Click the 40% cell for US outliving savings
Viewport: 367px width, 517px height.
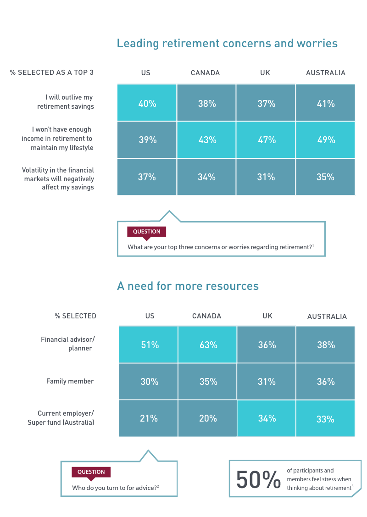click(x=147, y=104)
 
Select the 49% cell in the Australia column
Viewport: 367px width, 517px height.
click(x=325, y=140)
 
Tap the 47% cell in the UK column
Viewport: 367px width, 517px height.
click(x=266, y=140)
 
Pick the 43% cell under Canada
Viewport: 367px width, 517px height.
click(x=207, y=140)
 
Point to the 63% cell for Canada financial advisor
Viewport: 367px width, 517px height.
click(x=208, y=345)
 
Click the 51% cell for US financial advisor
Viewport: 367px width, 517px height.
click(x=149, y=345)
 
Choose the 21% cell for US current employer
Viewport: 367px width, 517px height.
click(x=149, y=418)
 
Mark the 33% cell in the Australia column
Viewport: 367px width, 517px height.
click(x=325, y=419)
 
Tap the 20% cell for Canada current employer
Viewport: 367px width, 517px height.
click(x=208, y=418)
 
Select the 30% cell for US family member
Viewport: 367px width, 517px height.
click(x=149, y=382)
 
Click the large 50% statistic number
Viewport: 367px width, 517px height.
click(x=258, y=480)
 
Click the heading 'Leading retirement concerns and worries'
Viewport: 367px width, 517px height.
click(x=227, y=44)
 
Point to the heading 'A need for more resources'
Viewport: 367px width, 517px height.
click(x=188, y=286)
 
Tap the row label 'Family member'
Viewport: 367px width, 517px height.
click(x=70, y=381)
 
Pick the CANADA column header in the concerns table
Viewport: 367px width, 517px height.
click(x=205, y=73)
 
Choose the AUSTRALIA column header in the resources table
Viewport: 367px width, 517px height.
click(x=327, y=317)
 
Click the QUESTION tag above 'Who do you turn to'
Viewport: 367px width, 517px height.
click(x=91, y=472)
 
